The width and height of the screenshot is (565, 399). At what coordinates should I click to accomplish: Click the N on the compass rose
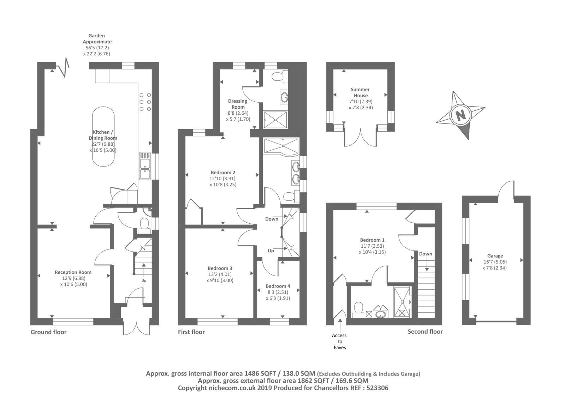click(460, 115)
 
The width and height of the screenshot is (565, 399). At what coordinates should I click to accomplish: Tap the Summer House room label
click(360, 92)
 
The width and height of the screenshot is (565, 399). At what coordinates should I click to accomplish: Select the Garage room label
click(495, 256)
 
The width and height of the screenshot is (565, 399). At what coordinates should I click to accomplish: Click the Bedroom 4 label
click(278, 286)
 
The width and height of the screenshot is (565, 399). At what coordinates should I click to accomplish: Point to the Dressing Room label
click(238, 104)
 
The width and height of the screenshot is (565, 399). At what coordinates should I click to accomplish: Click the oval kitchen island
click(103, 136)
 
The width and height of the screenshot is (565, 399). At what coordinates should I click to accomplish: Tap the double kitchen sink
click(145, 169)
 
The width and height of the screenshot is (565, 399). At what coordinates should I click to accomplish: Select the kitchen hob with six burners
click(145, 102)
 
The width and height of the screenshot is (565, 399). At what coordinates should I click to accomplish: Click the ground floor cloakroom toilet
click(144, 225)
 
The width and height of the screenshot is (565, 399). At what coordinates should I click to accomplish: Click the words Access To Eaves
click(339, 341)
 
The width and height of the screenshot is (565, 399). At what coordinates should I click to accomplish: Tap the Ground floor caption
click(48, 332)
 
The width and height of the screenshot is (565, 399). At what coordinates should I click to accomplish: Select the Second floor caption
click(425, 332)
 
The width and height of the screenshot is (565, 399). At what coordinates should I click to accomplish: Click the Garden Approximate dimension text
click(96, 45)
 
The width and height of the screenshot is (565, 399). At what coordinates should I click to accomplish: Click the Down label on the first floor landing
click(272, 219)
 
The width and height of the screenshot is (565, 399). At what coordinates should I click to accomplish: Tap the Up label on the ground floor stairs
click(144, 281)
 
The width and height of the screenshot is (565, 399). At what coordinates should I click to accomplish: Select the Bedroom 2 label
click(223, 173)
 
